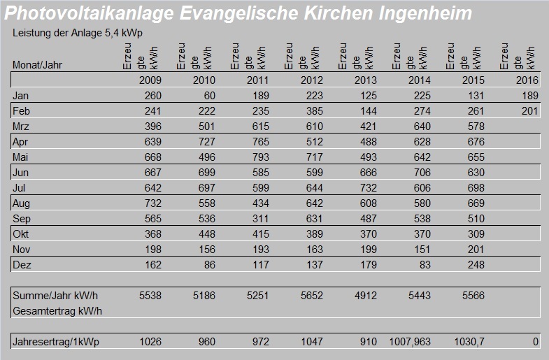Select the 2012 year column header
click(x=311, y=80)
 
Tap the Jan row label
click(x=20, y=96)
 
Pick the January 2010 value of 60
click(x=208, y=96)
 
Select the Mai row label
click(x=20, y=157)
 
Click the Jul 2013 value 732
click(x=365, y=188)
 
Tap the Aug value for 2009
click(x=150, y=203)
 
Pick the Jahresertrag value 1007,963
click(x=410, y=343)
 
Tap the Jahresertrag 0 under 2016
click(x=536, y=343)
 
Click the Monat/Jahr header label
click(x=34, y=65)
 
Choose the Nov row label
click(x=21, y=250)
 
